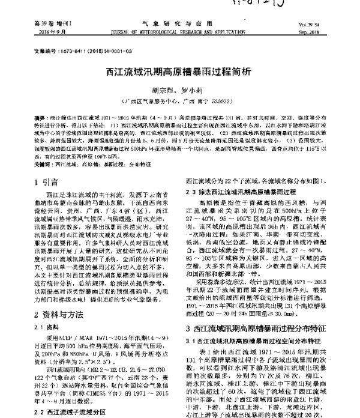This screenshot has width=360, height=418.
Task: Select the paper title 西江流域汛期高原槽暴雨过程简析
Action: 179,71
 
